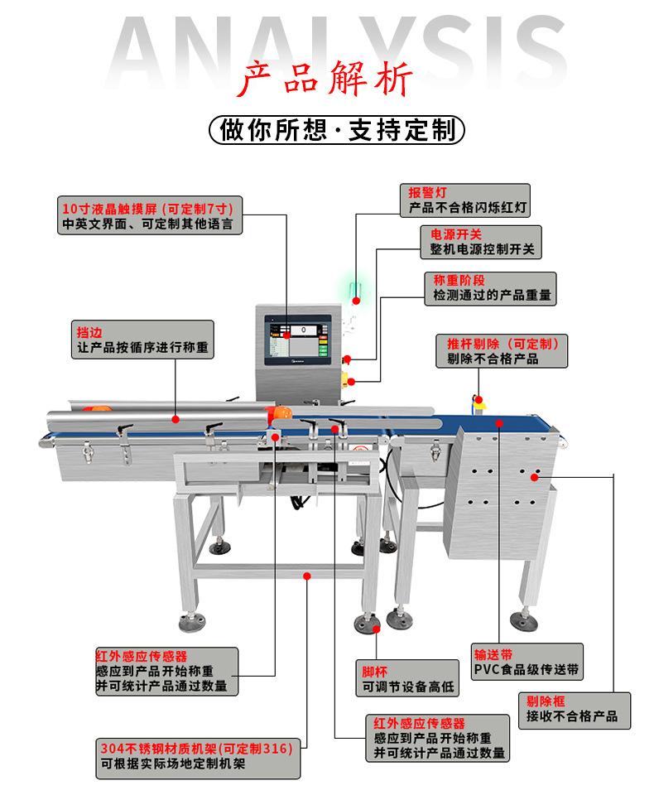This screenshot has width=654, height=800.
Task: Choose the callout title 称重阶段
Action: (x=454, y=280)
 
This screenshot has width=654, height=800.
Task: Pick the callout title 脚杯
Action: (x=375, y=672)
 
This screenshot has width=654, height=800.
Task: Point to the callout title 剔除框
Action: (x=546, y=701)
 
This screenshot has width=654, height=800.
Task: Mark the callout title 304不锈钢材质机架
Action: (x=157, y=749)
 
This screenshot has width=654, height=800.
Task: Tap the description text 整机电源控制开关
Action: (x=482, y=249)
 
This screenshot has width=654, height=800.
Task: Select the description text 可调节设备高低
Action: (x=409, y=687)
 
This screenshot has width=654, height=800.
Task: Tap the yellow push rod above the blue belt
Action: (x=477, y=400)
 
